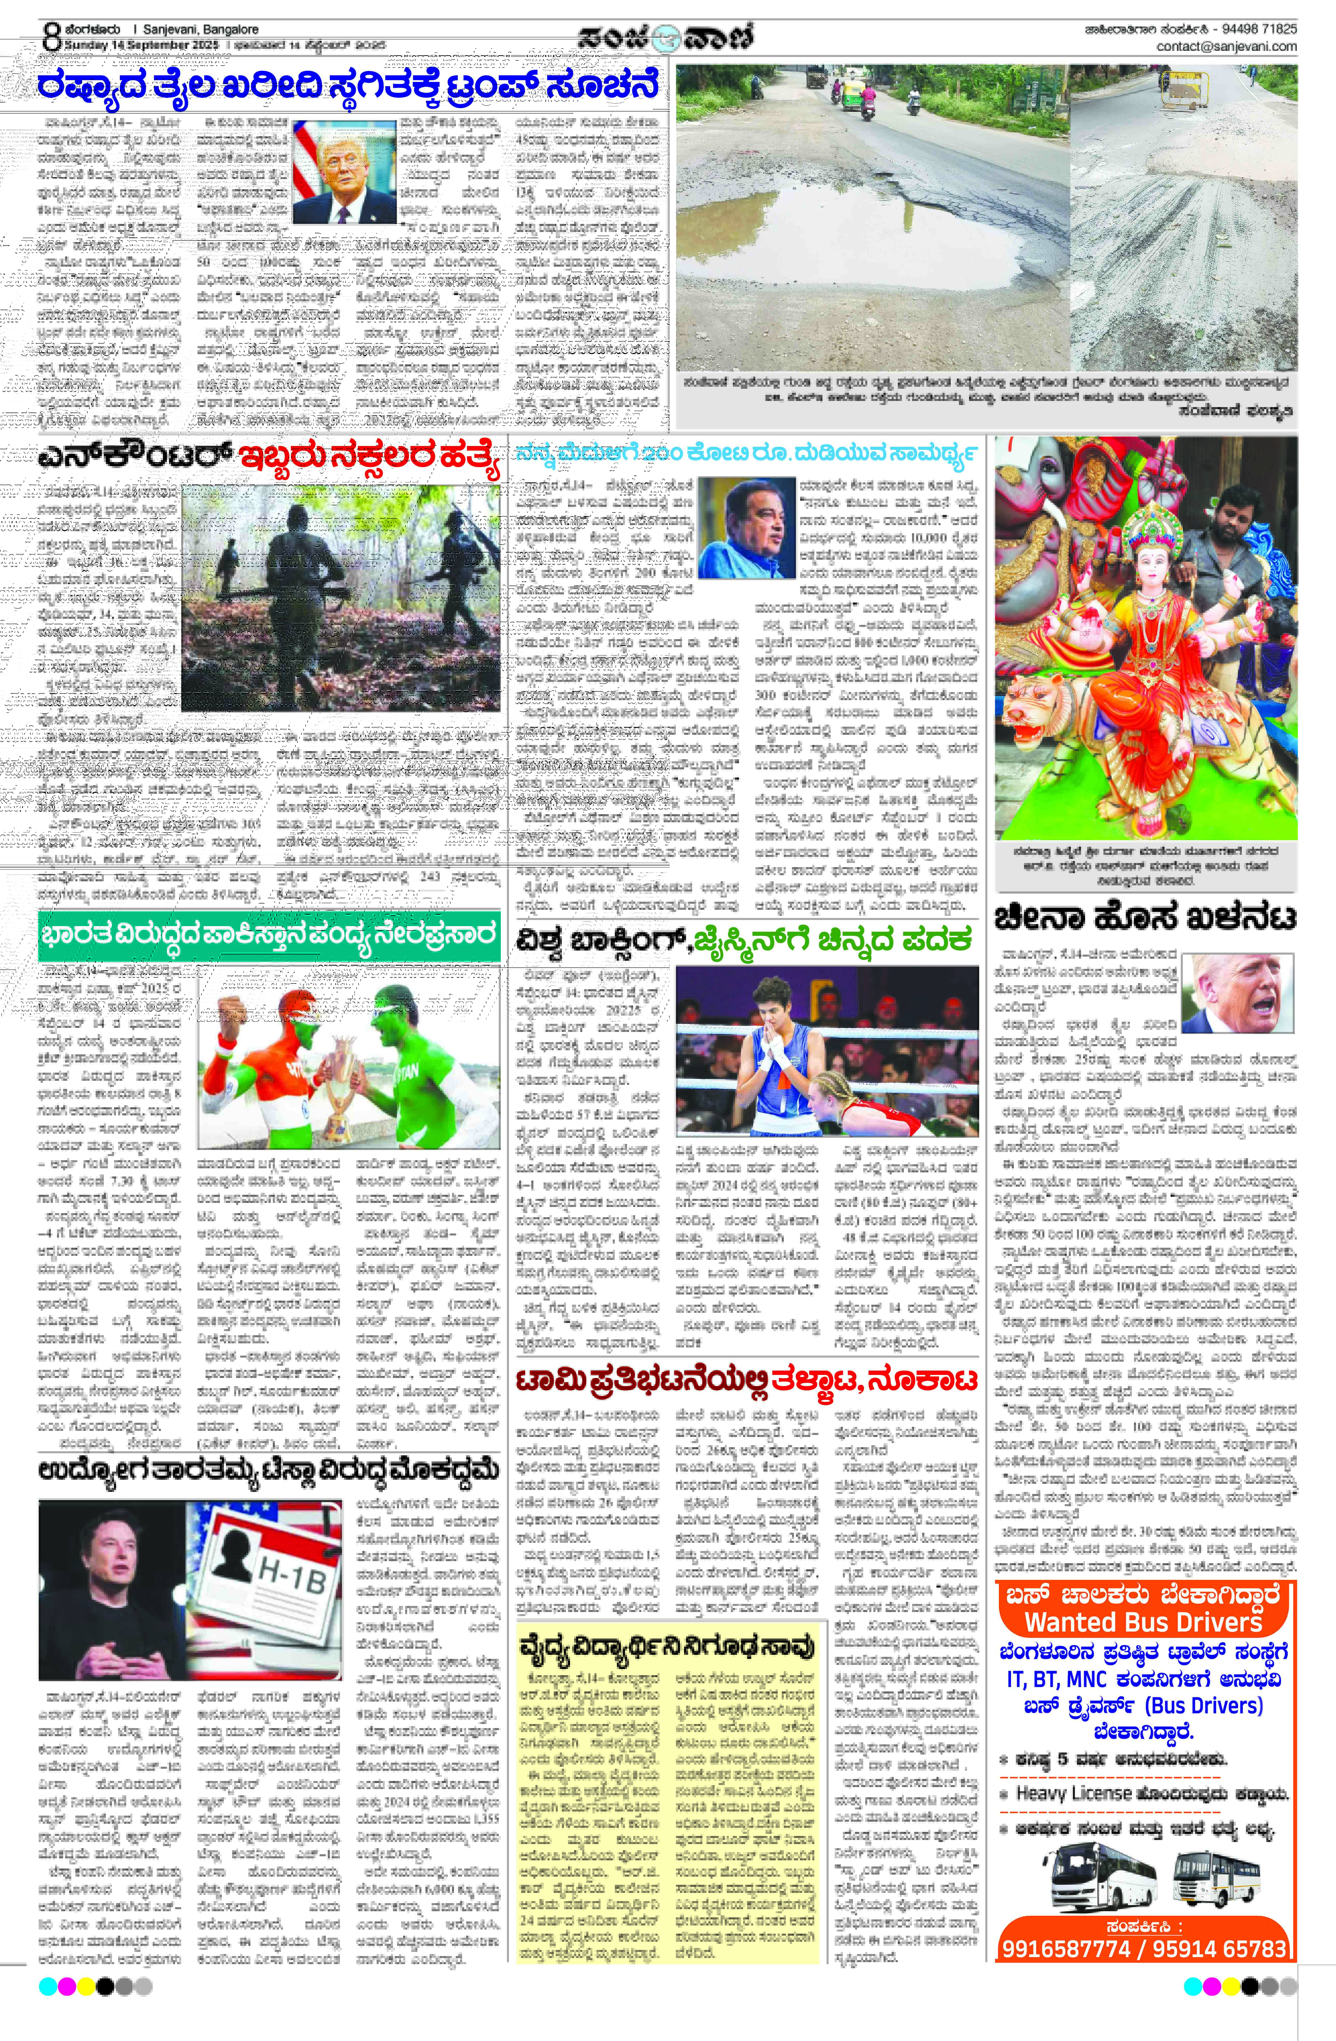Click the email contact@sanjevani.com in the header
point(1226,46)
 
